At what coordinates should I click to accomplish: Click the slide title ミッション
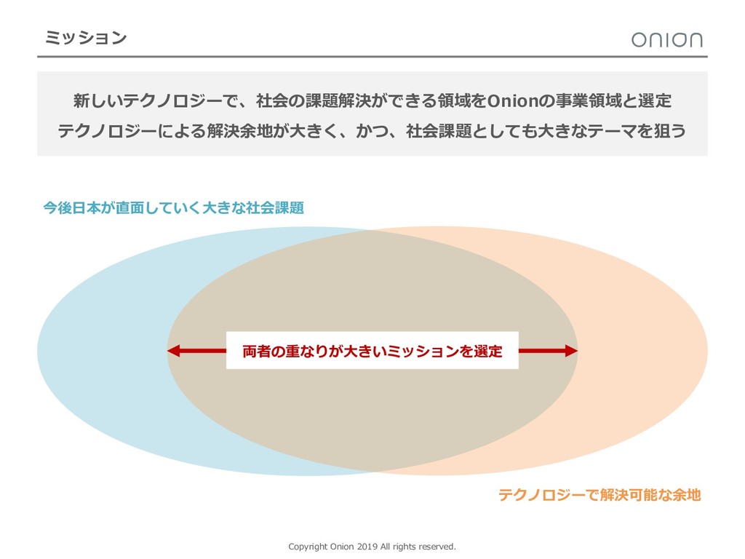point(85,37)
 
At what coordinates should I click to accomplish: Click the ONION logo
point(666,39)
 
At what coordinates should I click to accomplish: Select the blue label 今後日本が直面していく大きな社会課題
point(173,208)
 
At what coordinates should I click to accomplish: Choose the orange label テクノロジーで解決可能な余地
point(599,496)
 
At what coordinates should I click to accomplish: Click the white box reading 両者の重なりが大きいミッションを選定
point(372,351)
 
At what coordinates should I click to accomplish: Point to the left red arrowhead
point(175,351)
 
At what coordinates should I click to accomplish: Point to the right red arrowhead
point(570,351)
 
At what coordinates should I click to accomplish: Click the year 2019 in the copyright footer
point(368,546)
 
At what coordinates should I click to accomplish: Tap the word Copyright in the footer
point(308,546)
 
